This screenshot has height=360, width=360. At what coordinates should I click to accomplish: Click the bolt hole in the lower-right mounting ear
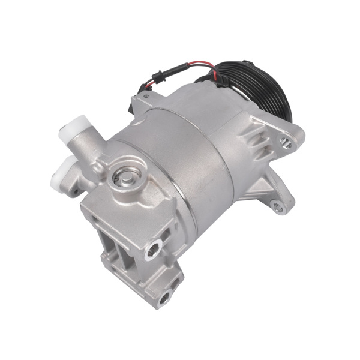point(277,207)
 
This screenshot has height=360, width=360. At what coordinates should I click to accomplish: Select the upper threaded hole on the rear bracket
point(154,247)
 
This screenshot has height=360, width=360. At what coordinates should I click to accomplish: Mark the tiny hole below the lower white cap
point(76,193)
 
